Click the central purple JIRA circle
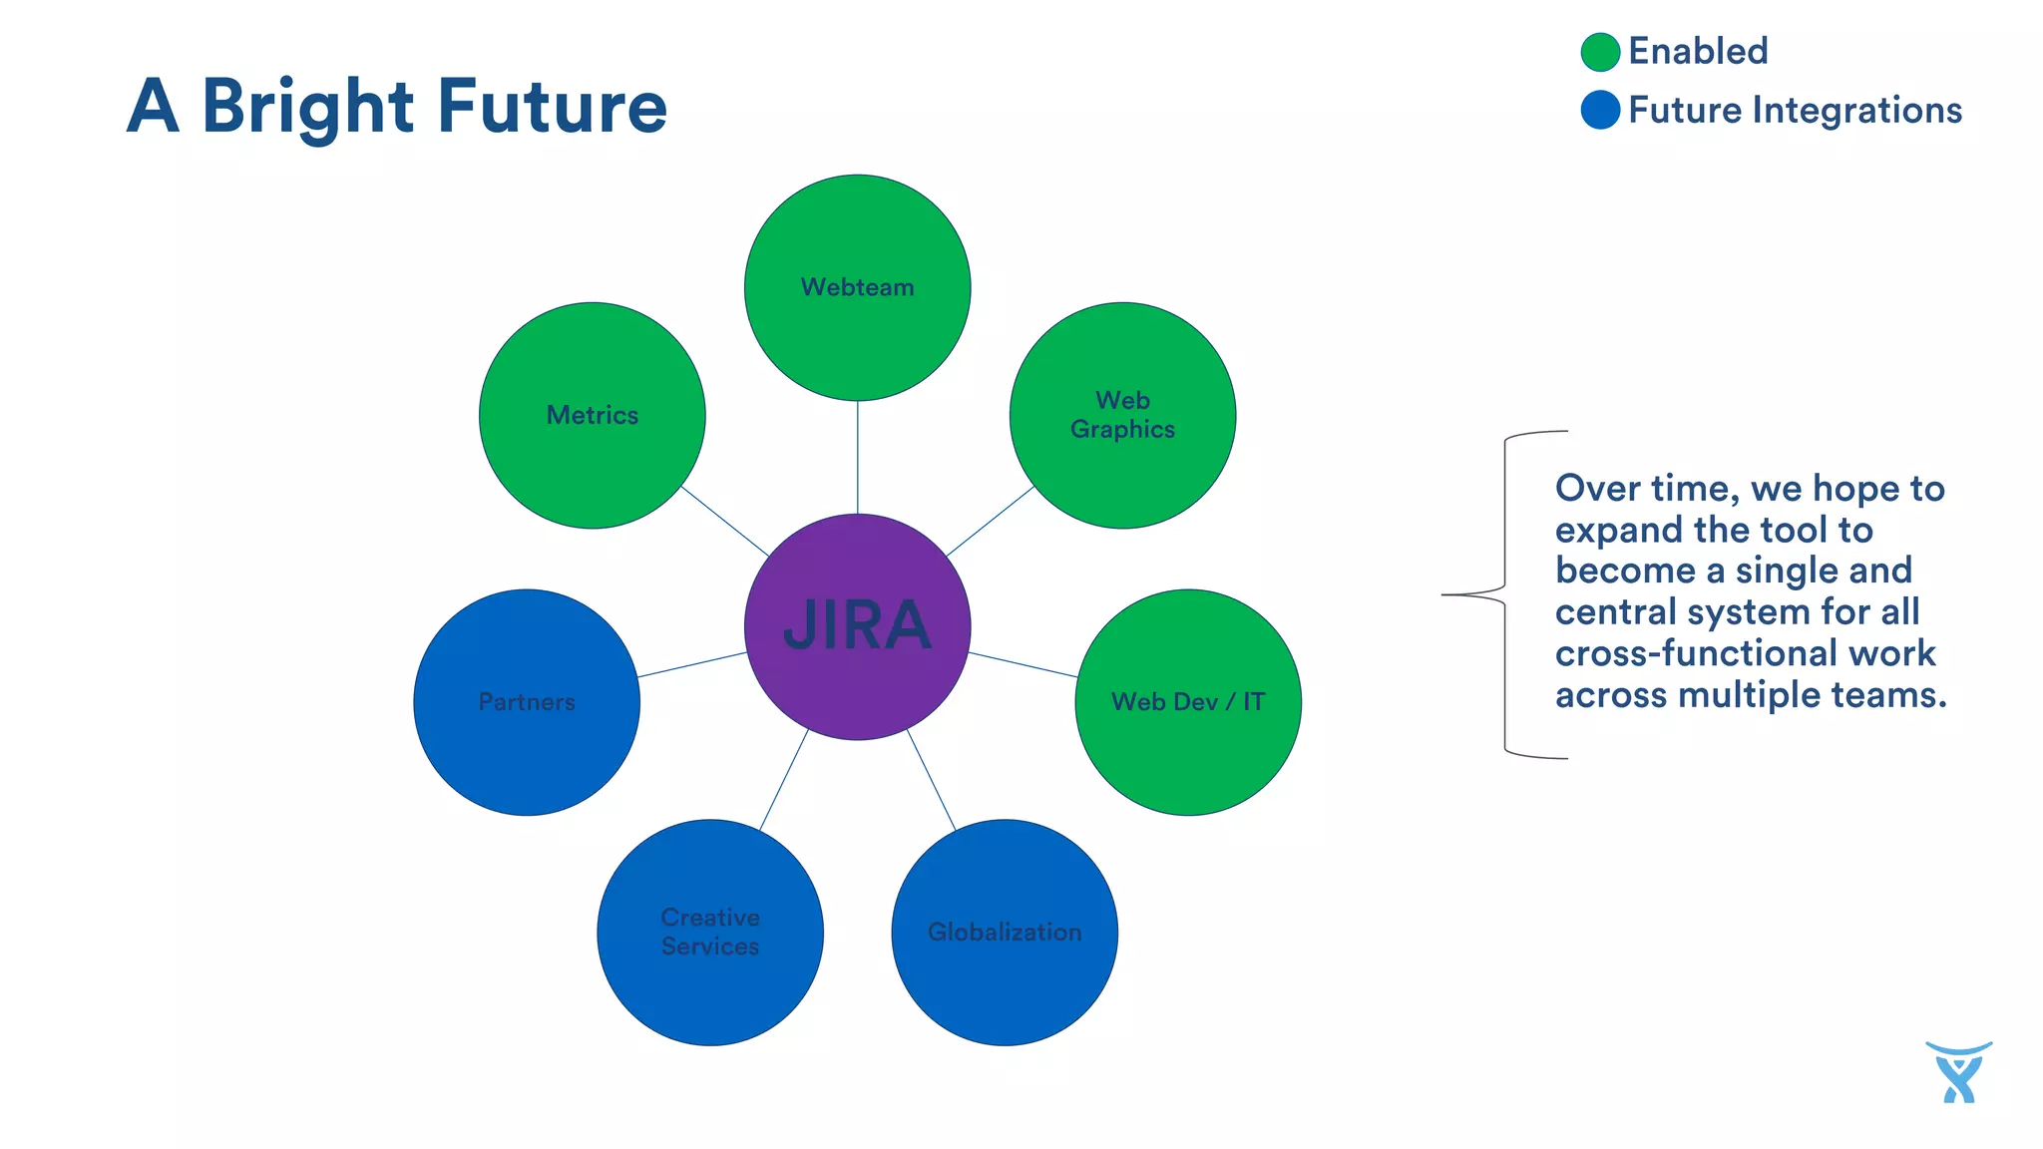coord(857,626)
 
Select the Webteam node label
coord(857,287)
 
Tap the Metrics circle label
coord(592,415)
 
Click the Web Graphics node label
coord(1122,415)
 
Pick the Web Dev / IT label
coord(1187,702)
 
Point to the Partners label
coord(527,702)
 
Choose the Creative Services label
coord(710,932)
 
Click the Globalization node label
coord(1005,932)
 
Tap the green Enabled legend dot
coord(1600,52)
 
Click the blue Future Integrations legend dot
coord(1600,110)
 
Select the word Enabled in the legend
coord(1698,52)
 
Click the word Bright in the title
coord(307,108)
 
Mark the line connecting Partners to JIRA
coord(692,665)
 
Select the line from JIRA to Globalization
coord(931,779)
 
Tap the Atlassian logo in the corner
coord(1958,1073)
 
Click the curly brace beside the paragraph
coord(1503,594)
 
